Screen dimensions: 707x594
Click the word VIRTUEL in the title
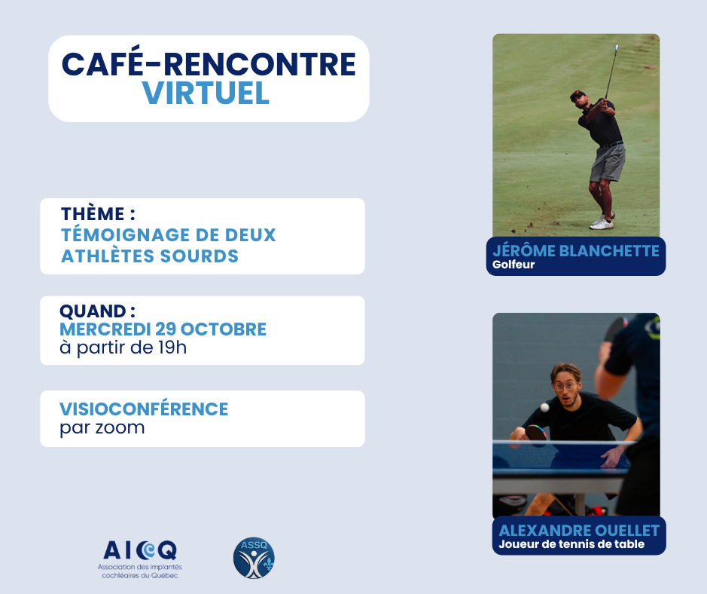206,93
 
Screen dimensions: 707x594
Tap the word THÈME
93,213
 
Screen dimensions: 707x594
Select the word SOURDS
200,256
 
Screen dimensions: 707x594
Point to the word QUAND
93,311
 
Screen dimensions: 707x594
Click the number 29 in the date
166,329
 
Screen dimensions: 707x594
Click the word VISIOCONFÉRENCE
144,409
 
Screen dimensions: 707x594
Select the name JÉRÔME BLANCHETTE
576,250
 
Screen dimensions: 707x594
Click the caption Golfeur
513,265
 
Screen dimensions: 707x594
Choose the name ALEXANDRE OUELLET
579,531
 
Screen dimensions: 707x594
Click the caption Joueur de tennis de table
571,544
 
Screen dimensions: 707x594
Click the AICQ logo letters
140,550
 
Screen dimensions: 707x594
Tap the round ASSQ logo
254,558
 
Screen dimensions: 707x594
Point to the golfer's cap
577,95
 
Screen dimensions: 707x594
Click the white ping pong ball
544,408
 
